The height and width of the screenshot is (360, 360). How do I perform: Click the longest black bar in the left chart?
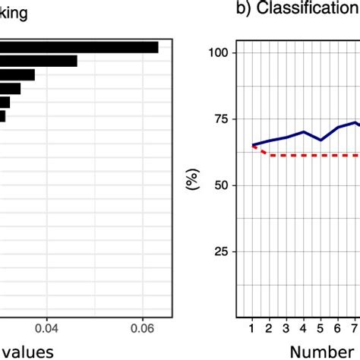[x=79, y=47]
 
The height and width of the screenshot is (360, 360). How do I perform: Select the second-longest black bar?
[x=38, y=61]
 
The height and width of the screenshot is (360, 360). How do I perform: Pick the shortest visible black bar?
[x=3, y=116]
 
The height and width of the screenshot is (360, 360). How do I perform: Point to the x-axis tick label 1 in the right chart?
[x=252, y=327]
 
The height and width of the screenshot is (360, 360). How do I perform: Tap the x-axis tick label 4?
[x=304, y=327]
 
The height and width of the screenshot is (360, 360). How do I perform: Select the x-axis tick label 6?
[x=338, y=327]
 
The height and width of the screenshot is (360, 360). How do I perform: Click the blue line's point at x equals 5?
[x=321, y=140]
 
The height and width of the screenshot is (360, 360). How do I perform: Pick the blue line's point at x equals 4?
[x=304, y=131]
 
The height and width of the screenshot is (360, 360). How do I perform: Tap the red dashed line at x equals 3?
[x=286, y=155]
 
